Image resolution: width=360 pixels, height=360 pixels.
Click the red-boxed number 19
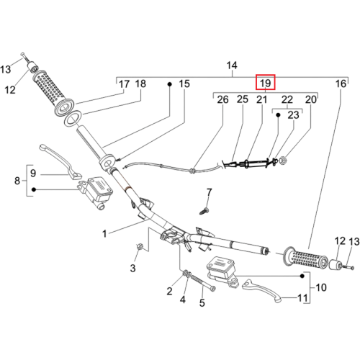tap(265, 83)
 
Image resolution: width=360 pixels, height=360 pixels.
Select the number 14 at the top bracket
tap(232, 66)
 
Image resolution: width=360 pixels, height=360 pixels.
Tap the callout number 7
tap(210, 192)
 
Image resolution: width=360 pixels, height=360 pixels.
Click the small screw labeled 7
tap(204, 212)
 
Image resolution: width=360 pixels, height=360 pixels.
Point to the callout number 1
tap(104, 233)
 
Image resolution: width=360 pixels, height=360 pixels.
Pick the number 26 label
tap(222, 99)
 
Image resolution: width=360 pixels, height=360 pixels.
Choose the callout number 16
tap(341, 84)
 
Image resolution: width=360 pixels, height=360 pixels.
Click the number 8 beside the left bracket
tap(17, 181)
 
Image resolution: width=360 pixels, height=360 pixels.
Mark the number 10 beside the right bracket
tap(321, 287)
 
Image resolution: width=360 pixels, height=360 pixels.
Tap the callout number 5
tap(202, 303)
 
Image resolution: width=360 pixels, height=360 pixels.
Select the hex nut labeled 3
tap(139, 246)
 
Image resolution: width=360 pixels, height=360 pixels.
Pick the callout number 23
tap(293, 115)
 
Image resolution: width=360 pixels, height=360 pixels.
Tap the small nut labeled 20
tap(283, 160)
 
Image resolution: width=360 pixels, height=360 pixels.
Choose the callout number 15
tap(184, 84)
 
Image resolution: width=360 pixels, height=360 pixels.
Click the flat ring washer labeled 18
tap(73, 118)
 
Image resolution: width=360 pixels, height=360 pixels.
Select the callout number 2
tap(169, 292)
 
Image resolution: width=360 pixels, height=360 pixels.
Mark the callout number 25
tap(243, 99)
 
